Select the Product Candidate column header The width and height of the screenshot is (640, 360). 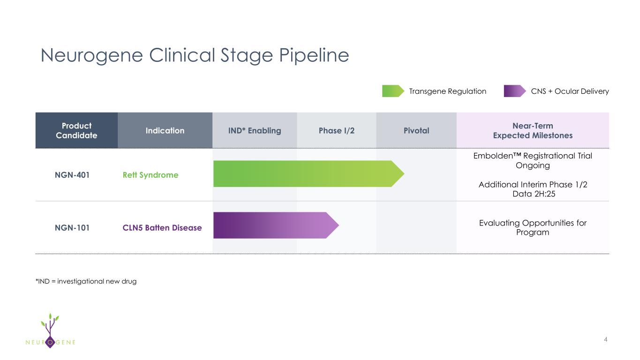tap(76, 131)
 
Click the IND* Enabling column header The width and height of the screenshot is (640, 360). tap(255, 131)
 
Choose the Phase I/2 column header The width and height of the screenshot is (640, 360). tap(337, 131)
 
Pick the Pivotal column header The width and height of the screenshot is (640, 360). tap(416, 131)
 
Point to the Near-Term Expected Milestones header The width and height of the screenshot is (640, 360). tap(533, 131)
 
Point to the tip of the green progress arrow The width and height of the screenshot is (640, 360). tap(402, 174)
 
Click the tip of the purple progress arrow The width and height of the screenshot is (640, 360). tap(337, 225)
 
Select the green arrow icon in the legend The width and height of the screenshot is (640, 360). tap(392, 91)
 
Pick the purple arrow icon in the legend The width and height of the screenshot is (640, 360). tap(514, 91)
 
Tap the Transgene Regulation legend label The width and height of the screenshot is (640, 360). tap(447, 91)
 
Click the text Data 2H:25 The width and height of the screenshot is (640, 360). tap(533, 194)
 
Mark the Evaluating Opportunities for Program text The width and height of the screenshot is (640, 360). tap(533, 228)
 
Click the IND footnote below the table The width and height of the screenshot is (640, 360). tap(86, 281)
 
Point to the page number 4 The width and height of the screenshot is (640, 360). tap(606, 339)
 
